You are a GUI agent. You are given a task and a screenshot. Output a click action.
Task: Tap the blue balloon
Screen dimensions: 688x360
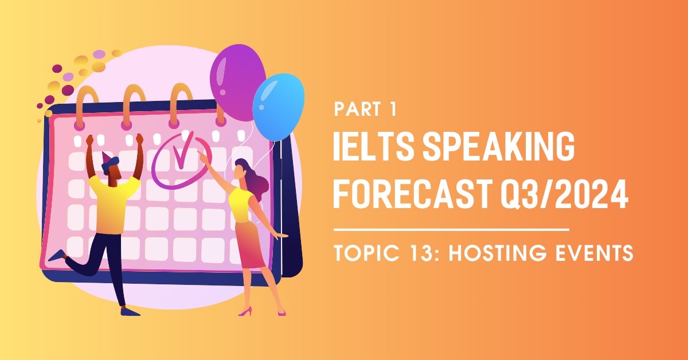click(x=279, y=107)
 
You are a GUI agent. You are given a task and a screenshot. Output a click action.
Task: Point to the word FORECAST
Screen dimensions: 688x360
click(x=413, y=194)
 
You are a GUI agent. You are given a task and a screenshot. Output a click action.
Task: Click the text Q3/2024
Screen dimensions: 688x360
click(x=565, y=194)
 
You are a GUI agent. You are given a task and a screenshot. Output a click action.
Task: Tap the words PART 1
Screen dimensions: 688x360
click(x=365, y=109)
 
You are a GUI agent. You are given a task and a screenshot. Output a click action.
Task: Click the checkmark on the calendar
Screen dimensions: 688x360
click(x=183, y=151)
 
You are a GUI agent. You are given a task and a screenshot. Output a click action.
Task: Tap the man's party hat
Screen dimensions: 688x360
click(x=107, y=157)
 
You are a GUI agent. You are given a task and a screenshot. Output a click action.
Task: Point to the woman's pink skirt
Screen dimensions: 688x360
click(x=251, y=245)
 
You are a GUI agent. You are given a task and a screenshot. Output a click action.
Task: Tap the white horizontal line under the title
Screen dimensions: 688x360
click(x=452, y=229)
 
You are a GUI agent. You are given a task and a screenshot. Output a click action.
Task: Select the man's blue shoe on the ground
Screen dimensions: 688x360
click(x=130, y=312)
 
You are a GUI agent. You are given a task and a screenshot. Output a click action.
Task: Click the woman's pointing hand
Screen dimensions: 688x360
click(x=203, y=156)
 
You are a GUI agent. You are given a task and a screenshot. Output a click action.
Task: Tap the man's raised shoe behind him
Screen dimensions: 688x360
click(x=57, y=256)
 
